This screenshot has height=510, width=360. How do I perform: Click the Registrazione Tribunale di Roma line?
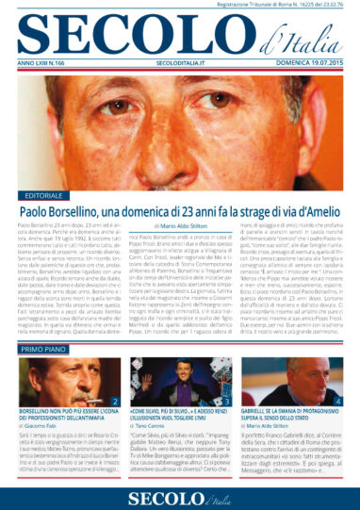[283, 6]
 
